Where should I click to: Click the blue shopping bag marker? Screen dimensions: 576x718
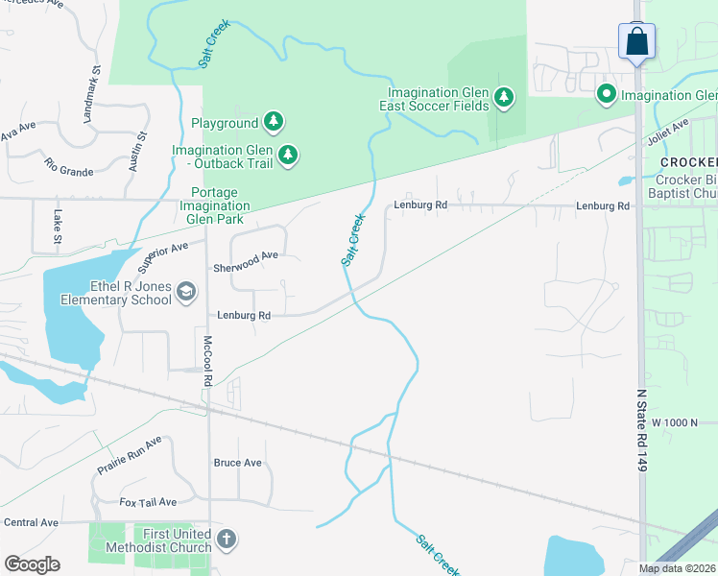point(636,42)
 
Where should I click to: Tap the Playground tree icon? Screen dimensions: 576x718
point(275,122)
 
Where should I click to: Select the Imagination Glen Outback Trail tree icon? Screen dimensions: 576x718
point(287,154)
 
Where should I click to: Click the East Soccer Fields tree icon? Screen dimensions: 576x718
point(504,97)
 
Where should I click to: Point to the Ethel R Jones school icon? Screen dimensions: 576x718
point(186,292)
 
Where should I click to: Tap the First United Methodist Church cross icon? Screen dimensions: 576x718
point(226,539)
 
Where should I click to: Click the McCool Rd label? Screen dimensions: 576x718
point(206,361)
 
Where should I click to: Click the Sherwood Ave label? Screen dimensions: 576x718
point(246,256)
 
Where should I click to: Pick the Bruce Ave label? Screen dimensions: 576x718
point(238,463)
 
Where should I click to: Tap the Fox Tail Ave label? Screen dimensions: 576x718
point(148,502)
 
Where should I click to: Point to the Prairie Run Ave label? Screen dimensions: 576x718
point(130,455)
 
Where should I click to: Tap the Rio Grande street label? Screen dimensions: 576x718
point(69,166)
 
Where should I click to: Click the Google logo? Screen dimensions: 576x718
point(32,564)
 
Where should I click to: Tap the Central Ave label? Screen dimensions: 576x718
point(31,522)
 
